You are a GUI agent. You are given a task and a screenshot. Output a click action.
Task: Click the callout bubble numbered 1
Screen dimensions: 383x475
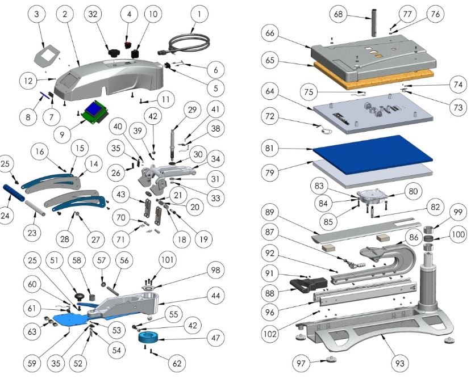tap(199, 12)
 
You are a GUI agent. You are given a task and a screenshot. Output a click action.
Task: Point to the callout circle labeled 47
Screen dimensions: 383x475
tap(214, 339)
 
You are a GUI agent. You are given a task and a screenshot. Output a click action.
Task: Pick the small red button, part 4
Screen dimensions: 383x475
tap(128, 44)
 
